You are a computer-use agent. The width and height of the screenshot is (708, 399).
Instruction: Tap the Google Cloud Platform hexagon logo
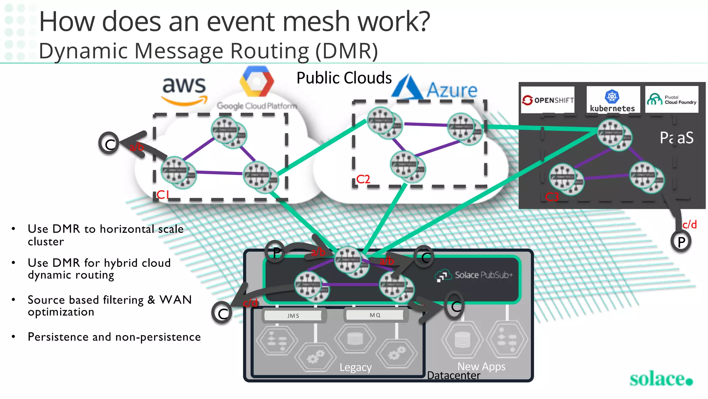point(257,82)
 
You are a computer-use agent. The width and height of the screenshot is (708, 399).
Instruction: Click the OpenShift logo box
point(548,100)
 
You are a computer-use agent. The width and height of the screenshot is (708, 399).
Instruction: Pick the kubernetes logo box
point(613,100)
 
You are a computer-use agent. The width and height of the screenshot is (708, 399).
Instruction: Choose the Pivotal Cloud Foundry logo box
point(672,100)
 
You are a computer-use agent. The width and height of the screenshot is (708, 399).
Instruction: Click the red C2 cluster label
point(363,179)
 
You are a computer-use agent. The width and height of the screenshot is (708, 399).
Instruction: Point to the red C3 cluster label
point(552,197)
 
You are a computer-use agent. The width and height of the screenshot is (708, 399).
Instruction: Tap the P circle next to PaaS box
point(681,241)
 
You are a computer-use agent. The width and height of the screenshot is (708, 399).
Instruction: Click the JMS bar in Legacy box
point(293,316)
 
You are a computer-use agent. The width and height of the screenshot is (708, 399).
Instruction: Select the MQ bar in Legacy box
point(375,315)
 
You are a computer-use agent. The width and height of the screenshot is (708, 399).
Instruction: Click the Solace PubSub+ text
point(483,275)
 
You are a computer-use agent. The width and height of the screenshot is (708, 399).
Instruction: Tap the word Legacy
point(355,367)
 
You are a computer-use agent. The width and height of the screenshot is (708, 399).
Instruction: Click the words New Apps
point(481,366)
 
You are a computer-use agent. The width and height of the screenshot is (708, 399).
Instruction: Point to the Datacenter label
point(454,375)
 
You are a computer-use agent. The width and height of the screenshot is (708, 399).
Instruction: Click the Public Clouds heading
point(344,78)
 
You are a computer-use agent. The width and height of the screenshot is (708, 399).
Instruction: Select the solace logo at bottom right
point(661,379)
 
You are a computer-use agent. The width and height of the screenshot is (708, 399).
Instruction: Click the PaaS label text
point(676,138)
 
